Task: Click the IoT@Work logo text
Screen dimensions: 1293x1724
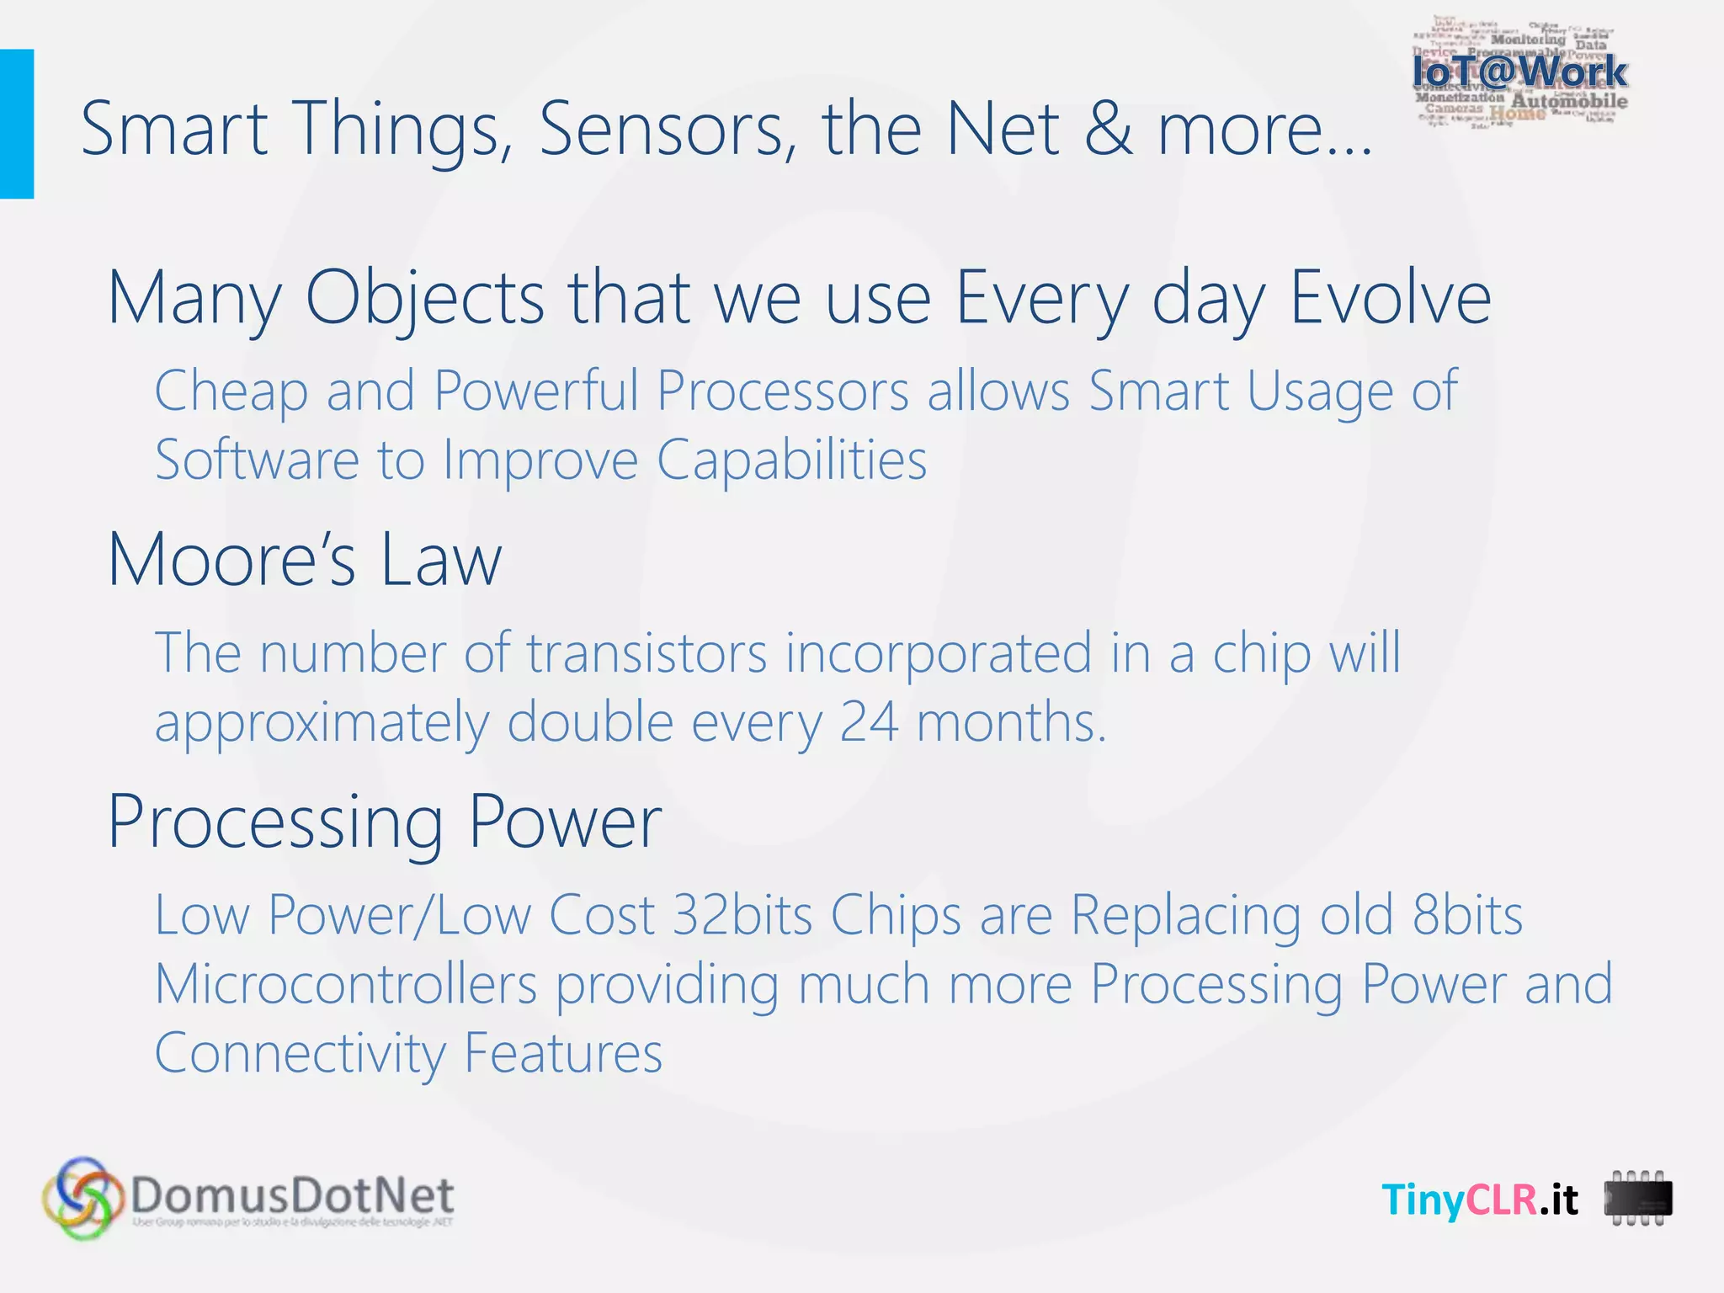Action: click(x=1519, y=72)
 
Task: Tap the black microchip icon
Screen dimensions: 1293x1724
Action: click(x=1637, y=1199)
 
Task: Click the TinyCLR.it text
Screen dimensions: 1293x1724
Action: click(x=1479, y=1199)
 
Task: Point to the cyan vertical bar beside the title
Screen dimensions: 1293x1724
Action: click(x=16, y=124)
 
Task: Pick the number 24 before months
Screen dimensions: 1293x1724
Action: click(x=869, y=722)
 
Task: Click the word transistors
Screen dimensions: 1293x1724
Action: click(x=646, y=653)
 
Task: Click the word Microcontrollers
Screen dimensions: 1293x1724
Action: click(x=346, y=984)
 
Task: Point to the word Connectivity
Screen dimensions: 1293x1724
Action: click(x=300, y=1053)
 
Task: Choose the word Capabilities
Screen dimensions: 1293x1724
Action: click(x=791, y=460)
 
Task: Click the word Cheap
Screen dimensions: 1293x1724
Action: click(x=231, y=391)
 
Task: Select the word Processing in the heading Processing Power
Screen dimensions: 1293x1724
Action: click(x=275, y=822)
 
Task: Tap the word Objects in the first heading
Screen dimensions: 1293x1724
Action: click(x=424, y=299)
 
